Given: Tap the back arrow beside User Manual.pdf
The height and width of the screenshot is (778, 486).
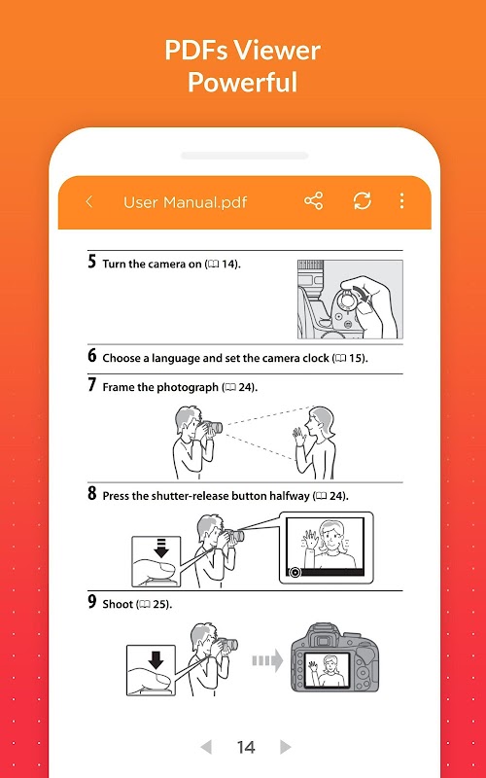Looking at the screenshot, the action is pos(89,201).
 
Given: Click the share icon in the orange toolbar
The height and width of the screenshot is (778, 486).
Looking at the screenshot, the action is pos(313,201).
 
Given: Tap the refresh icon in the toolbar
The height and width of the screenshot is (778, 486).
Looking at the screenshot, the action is pos(362,201).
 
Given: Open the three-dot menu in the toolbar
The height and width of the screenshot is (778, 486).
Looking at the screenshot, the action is pos(401,201).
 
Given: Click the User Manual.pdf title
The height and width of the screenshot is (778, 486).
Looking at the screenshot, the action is pos(185,202).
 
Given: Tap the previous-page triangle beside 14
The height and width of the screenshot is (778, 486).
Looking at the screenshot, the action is pos(206,746).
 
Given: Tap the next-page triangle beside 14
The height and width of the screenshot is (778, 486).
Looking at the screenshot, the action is pos(285,746).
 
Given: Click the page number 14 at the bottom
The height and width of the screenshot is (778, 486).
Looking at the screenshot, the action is pos(246,747).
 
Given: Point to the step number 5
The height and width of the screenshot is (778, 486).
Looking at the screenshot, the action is pos(91,262).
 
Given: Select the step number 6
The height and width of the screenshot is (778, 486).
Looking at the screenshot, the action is pos(91,356).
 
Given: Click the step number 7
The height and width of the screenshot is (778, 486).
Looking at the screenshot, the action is pos(91,384).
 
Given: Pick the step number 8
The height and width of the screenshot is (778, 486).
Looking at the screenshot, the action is pos(91,493).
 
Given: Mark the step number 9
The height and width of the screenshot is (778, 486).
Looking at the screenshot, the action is pos(91,601).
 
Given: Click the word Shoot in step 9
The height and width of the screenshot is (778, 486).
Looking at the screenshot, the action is pos(118,604).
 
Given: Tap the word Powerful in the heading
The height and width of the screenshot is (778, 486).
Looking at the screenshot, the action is pos(242,83).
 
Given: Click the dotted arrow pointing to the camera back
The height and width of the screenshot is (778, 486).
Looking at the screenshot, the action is pos(267,660).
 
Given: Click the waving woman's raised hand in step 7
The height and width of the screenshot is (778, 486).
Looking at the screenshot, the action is pos(298,436).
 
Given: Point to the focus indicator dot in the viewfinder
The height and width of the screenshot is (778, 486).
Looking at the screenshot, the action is pos(295,572).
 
